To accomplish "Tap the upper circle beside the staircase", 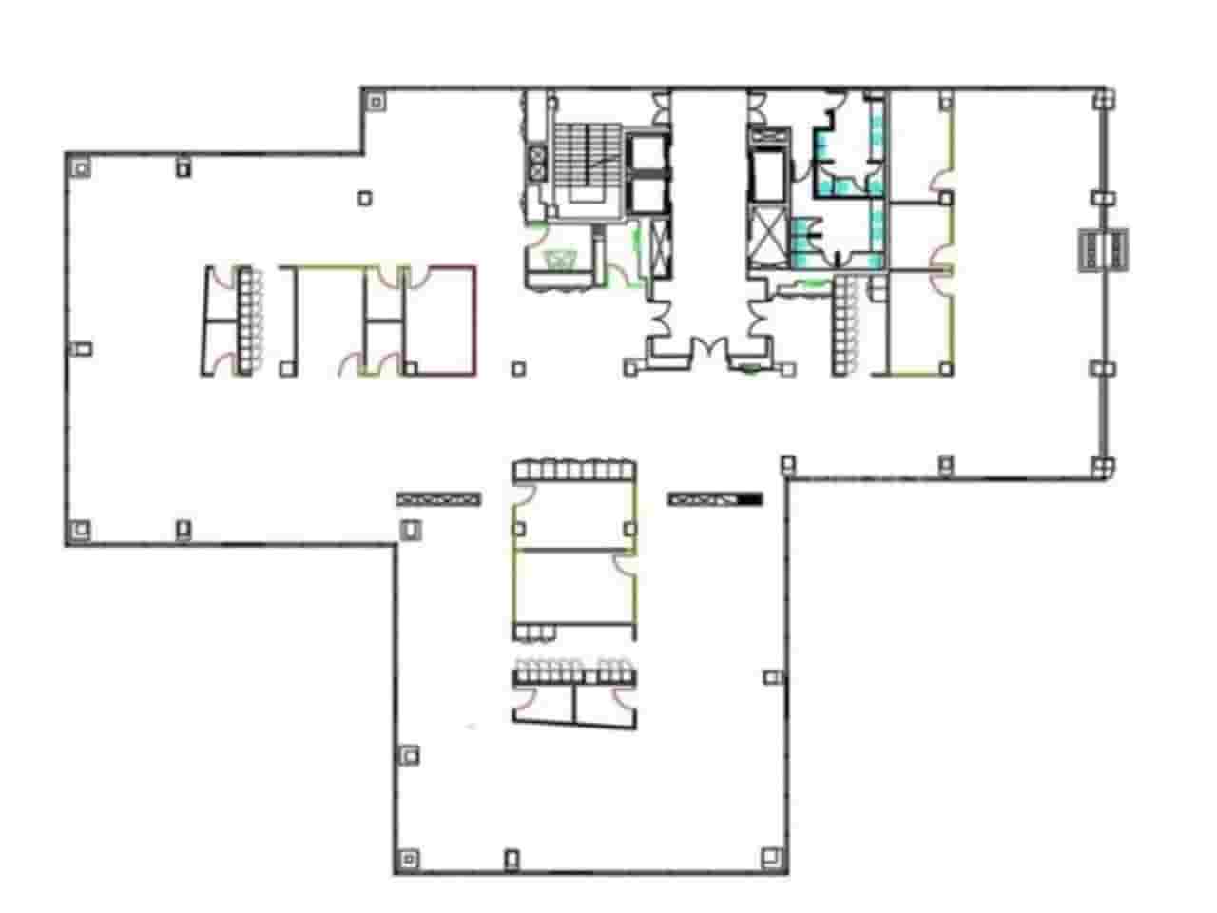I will point(537,154).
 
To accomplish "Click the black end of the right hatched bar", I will point(751,498).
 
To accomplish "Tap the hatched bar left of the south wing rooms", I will point(439,497).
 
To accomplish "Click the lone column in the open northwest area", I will point(365,198).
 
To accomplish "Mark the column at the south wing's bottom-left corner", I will point(409,858).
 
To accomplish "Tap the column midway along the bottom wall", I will point(512,858).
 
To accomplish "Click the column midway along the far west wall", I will point(82,348).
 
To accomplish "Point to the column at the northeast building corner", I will point(1103,100).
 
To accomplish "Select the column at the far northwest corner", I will point(82,167).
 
